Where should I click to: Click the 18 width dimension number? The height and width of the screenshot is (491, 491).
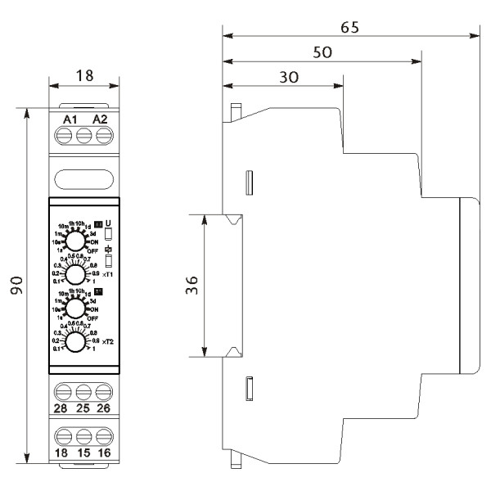[84, 75]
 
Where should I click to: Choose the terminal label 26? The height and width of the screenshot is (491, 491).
[103, 408]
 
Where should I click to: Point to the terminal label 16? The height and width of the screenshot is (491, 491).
[103, 452]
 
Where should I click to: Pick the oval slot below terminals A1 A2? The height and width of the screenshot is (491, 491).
[84, 178]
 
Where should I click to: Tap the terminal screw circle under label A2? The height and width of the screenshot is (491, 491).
[103, 138]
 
